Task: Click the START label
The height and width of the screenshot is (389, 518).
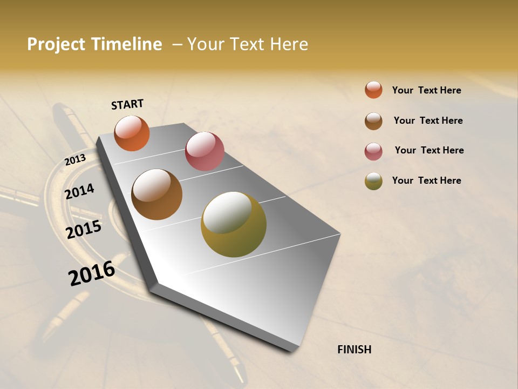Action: point(127,104)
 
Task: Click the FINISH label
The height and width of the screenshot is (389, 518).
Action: point(354,350)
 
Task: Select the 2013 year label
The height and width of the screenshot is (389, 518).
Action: point(75,160)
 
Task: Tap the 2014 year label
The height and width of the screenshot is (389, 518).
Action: point(80,191)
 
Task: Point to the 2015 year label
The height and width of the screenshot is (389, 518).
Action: point(84,230)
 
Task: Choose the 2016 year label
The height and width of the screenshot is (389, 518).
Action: point(92,273)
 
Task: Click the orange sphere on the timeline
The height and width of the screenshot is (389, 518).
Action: point(132,133)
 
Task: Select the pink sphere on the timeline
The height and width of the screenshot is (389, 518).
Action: point(205,151)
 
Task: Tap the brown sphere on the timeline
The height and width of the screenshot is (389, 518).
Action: point(156,194)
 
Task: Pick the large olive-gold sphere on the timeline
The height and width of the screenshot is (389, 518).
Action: point(233,224)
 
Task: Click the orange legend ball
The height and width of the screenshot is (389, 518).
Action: point(373,90)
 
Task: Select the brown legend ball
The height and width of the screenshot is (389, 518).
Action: point(373,121)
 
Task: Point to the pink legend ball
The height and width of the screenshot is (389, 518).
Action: point(373,151)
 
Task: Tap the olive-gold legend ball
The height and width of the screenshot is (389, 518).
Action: point(373,181)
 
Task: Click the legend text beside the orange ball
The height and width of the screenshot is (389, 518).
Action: point(426,90)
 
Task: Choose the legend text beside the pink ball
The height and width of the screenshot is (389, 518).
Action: point(429,150)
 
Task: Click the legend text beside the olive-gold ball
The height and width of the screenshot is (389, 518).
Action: point(426,180)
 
